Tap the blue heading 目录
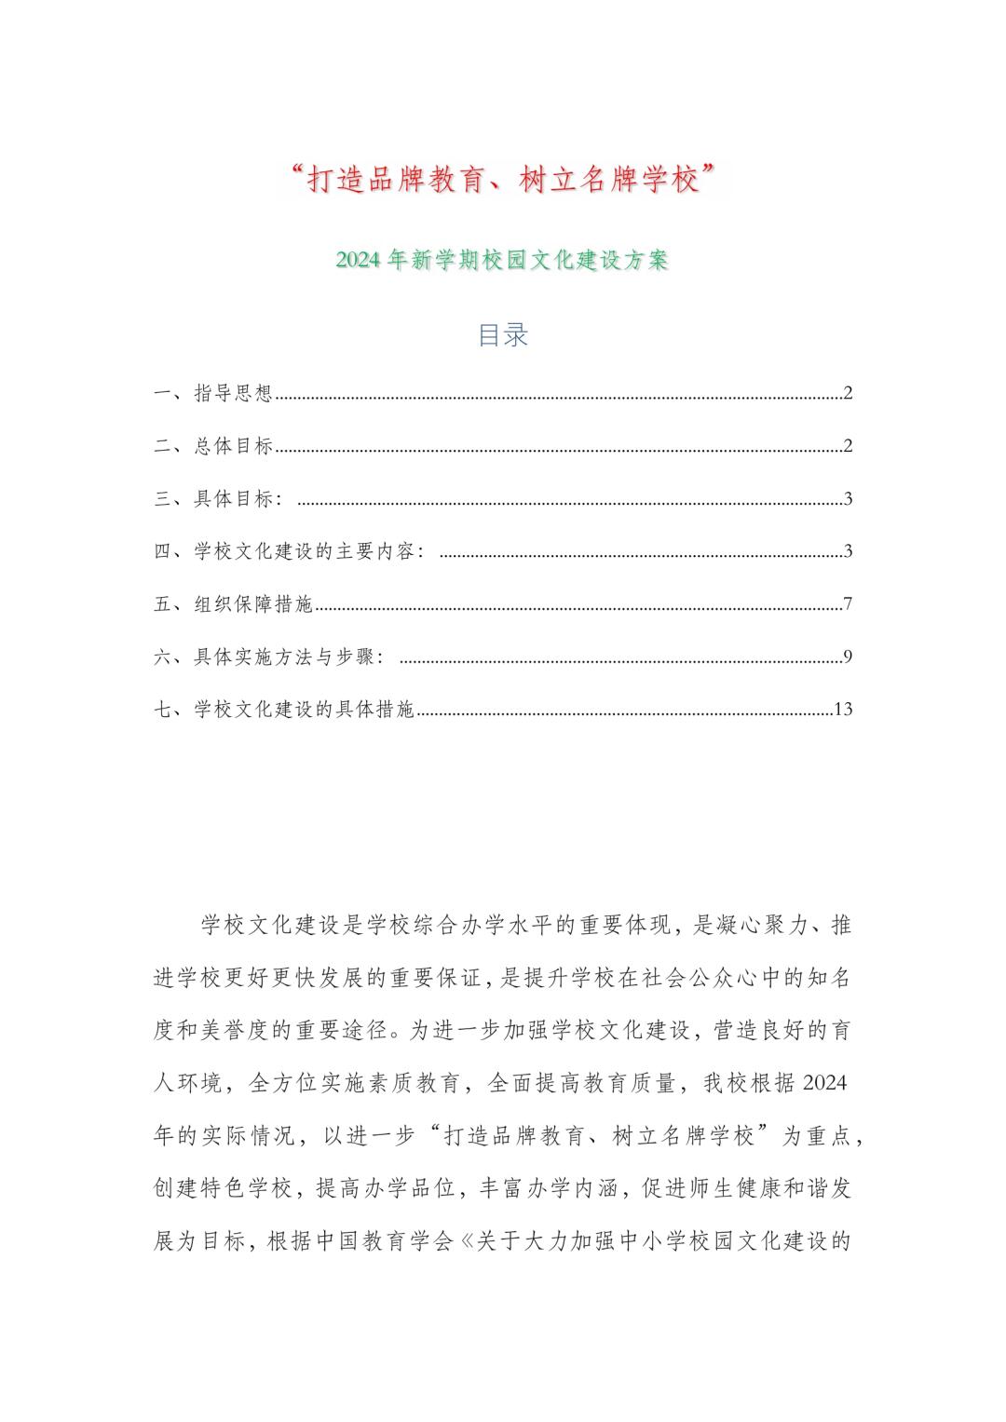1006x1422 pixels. point(503,335)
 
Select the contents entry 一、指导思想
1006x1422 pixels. point(213,393)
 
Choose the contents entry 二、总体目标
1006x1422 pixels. point(213,446)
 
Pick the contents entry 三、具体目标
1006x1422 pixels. point(224,499)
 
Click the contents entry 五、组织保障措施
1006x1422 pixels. point(234,604)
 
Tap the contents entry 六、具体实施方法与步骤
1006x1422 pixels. point(270,657)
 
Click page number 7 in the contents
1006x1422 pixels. point(849,604)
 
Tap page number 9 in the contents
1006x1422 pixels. point(849,657)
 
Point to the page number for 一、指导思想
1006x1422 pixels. point(849,393)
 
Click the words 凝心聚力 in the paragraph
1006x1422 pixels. point(757,926)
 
